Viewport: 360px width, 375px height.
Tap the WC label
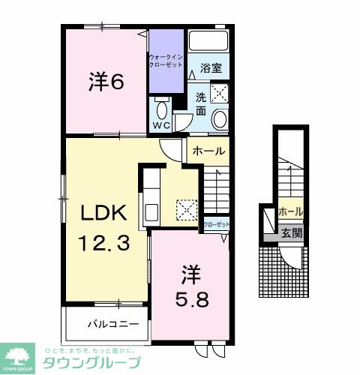pyautogui.click(x=161, y=124)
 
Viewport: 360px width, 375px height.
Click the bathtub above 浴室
pyautogui.click(x=208, y=40)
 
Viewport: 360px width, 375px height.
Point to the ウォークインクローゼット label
pyautogui.click(x=166, y=61)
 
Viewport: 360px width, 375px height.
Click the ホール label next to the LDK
pyautogui.click(x=208, y=151)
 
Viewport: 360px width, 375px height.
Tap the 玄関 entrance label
pyautogui.click(x=292, y=233)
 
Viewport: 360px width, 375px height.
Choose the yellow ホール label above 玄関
pyautogui.click(x=291, y=212)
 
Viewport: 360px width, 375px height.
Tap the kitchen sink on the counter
pyautogui.click(x=150, y=210)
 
